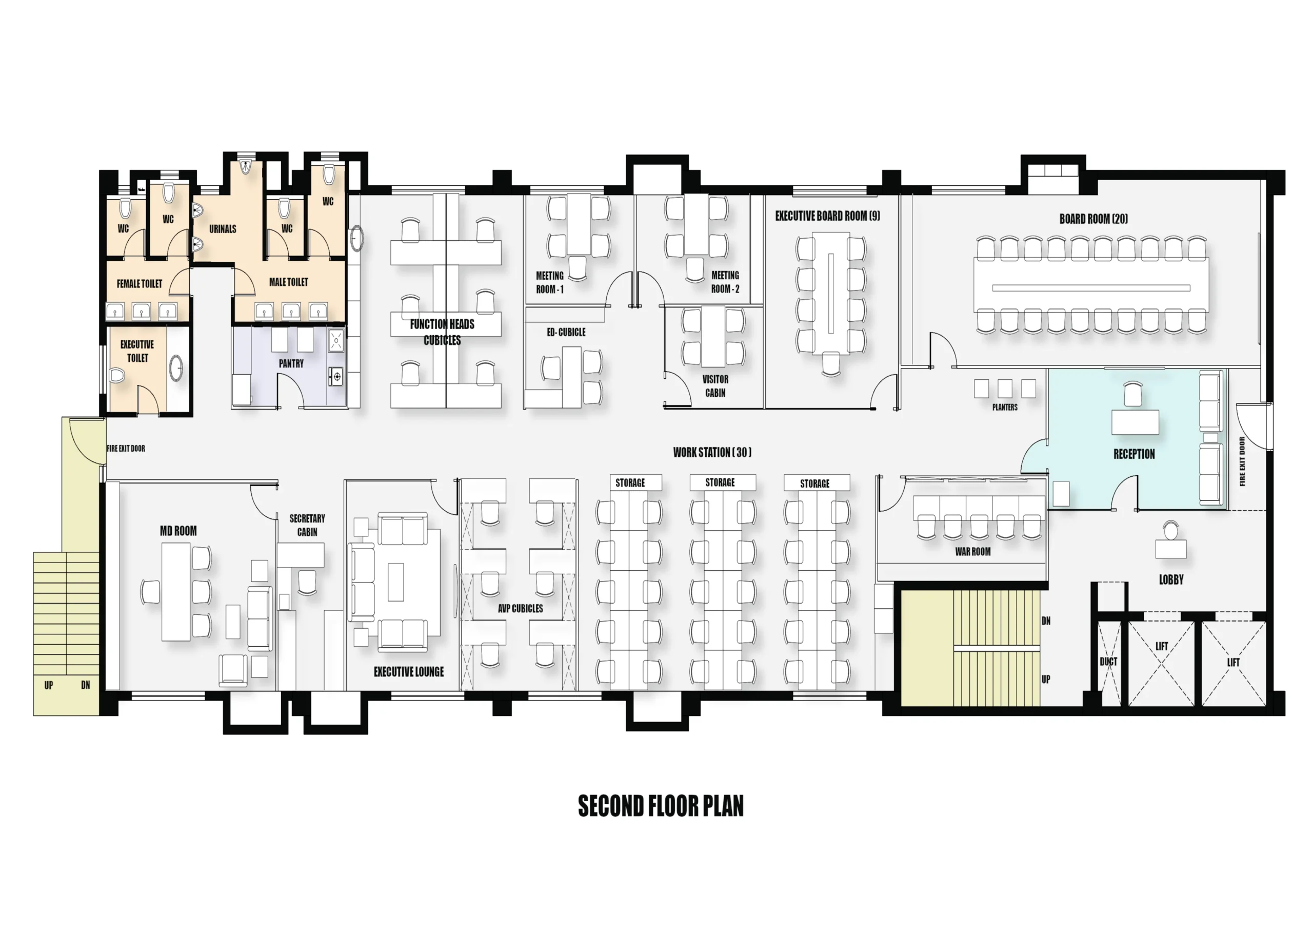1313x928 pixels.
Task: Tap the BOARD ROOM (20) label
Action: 1093,219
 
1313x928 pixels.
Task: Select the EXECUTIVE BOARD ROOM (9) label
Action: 827,216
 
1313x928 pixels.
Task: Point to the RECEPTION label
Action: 1134,454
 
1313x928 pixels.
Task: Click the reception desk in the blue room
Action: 1135,422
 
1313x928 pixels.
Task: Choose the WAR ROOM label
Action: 973,552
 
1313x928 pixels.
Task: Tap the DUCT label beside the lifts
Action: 1108,662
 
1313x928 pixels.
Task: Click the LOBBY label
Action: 1171,579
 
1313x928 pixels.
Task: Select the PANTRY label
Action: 291,363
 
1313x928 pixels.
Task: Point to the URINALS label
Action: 223,229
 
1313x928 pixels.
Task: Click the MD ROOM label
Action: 178,531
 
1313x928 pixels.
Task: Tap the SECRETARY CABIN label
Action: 307,525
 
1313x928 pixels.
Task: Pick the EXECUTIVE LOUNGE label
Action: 409,672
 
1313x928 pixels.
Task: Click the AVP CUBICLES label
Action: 521,608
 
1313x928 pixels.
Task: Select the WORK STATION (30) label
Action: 712,452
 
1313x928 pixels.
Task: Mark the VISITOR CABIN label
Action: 715,385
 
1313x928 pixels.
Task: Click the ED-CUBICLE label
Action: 566,332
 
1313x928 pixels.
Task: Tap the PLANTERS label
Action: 1005,408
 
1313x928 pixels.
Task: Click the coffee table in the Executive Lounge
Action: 396,582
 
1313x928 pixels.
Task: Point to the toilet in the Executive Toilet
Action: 117,375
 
